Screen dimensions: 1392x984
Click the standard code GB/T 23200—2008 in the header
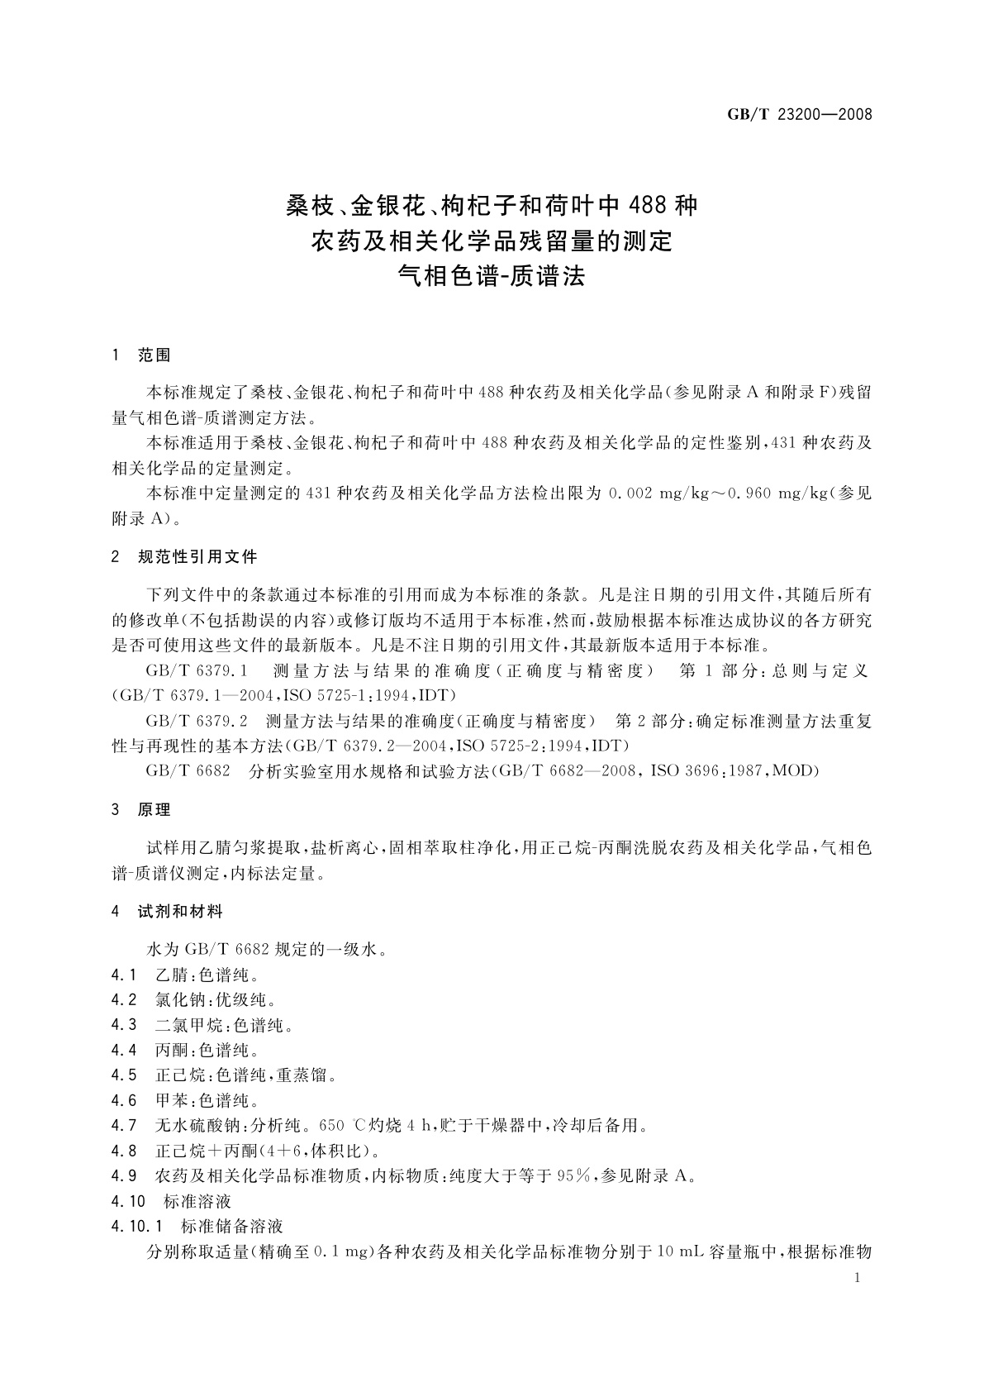click(799, 115)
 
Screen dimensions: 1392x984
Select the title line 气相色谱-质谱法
click(492, 276)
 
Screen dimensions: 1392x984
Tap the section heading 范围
click(154, 355)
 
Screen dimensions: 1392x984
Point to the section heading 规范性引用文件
click(197, 557)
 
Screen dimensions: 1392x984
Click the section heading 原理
click(154, 810)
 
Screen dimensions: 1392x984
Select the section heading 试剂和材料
click(180, 912)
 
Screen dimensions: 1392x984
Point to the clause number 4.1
click(124, 975)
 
